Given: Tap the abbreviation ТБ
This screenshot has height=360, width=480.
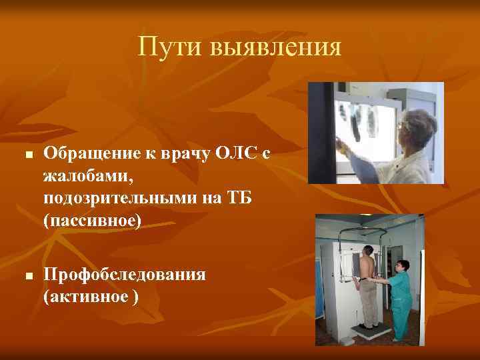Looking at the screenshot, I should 239,199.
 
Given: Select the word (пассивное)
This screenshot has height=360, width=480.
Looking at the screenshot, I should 92,221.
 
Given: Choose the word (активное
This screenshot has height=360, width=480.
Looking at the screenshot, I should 85,297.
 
